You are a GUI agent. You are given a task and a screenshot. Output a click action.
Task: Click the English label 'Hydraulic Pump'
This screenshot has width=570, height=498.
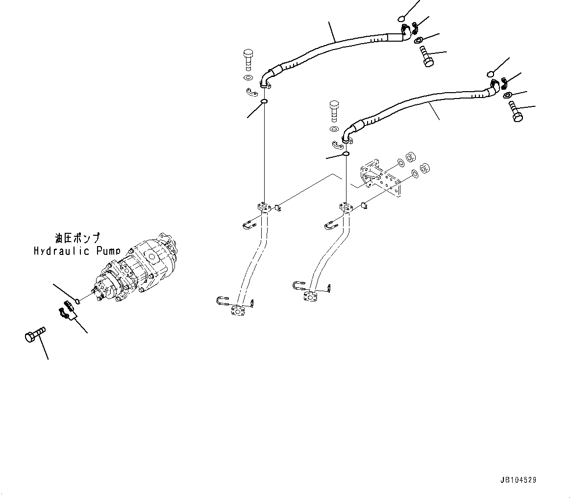pos(76,251)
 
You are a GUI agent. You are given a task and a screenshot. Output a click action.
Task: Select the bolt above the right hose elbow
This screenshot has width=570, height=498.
pos(334,110)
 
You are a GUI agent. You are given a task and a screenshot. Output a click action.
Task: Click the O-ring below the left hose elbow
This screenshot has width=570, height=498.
pos(264,101)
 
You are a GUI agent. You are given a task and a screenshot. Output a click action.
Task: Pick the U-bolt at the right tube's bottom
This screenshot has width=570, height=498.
pos(298,287)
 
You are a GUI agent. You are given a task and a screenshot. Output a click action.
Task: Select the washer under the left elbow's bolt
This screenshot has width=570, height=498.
pos(248,78)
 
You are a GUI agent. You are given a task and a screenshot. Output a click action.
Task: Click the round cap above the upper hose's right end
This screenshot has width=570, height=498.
pos(401,19)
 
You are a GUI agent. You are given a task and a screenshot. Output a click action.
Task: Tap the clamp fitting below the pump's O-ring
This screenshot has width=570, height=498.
pos(68,312)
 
